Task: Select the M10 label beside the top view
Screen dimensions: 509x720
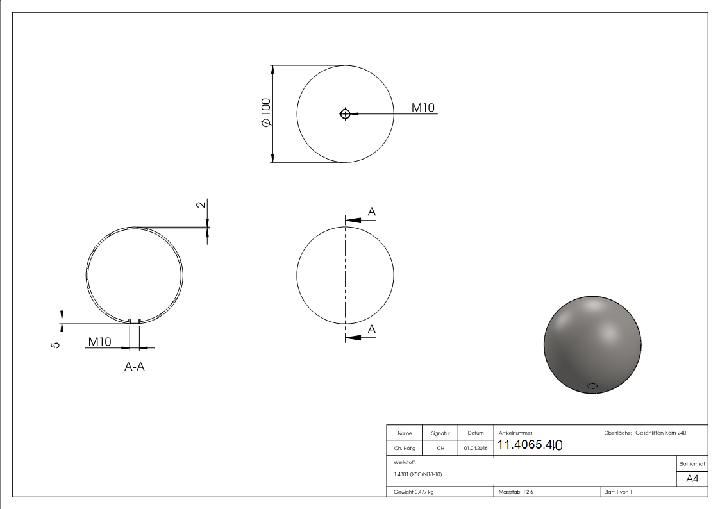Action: pos(423,108)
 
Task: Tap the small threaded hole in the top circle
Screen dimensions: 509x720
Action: pos(346,114)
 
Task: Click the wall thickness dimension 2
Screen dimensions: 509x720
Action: pos(201,205)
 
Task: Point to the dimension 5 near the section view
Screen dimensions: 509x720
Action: pos(56,344)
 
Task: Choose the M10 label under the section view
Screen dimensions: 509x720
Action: pos(100,342)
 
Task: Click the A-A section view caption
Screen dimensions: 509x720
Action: pos(135,367)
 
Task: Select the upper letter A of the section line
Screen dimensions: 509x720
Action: pos(371,212)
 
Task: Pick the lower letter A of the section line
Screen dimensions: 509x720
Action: pos(371,329)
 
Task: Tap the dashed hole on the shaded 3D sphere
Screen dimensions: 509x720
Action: pos(592,386)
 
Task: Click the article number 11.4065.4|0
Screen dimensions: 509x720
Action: pos(530,445)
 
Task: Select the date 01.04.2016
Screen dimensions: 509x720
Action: pos(475,448)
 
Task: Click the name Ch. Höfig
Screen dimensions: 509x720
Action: pos(405,448)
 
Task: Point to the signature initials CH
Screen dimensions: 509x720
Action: pos(440,448)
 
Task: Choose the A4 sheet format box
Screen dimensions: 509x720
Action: pos(692,479)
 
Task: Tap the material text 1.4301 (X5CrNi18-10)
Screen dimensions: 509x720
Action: pos(417,474)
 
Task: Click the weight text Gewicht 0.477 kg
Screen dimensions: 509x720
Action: pos(414,492)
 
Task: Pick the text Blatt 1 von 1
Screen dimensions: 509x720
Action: pos(618,492)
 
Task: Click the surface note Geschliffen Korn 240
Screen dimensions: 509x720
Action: pos(660,433)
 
